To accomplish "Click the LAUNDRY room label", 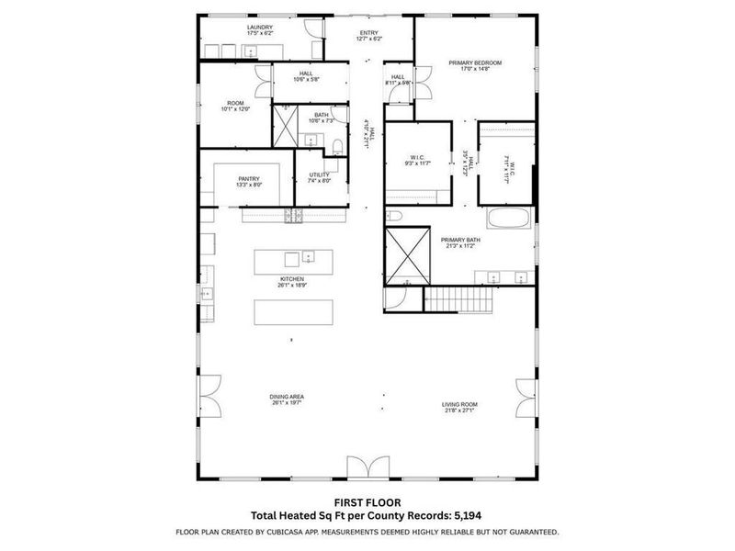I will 260,28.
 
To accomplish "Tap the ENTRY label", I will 368,31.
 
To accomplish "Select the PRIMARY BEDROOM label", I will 475,63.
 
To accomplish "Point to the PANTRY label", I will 249,179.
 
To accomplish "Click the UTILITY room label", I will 319,174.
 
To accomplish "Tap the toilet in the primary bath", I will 393,217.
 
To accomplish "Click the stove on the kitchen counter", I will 294,217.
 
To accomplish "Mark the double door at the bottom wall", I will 367,467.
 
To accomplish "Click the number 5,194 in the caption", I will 471,516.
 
